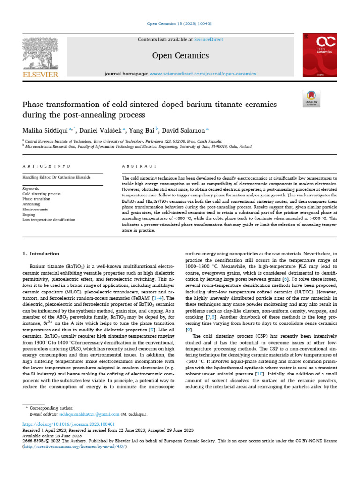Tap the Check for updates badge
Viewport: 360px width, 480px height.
311,99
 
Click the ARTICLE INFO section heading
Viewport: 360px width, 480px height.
47,166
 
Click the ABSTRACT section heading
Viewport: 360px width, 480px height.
139,166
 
